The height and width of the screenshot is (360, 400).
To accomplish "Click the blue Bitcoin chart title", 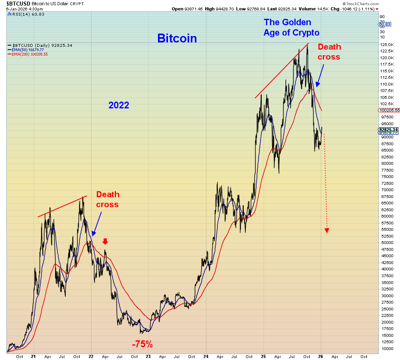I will tap(177, 38).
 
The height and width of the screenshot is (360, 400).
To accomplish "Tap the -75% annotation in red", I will tap(142, 344).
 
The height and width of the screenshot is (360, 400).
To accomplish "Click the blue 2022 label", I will tap(119, 105).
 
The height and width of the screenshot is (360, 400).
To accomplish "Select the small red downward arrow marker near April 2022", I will tap(105, 241).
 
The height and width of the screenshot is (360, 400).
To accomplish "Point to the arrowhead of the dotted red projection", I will tap(327, 230).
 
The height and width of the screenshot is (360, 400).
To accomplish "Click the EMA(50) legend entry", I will tap(28, 50).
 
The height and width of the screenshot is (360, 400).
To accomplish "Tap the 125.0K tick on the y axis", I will tap(386, 44).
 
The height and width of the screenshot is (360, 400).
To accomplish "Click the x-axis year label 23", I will tap(148, 356).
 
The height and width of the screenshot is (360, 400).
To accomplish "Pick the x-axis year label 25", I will tap(263, 356).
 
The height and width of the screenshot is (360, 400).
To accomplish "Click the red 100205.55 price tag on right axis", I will tap(389, 110).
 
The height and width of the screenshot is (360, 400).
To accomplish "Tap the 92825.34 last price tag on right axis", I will tap(389, 130).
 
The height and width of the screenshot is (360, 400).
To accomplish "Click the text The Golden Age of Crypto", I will tap(291, 28).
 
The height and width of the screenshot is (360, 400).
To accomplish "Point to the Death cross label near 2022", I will tap(108, 199).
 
